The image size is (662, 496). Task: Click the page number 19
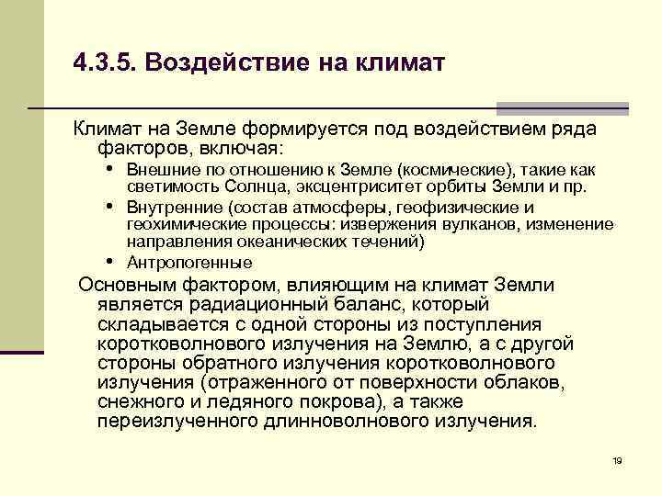(x=617, y=460)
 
